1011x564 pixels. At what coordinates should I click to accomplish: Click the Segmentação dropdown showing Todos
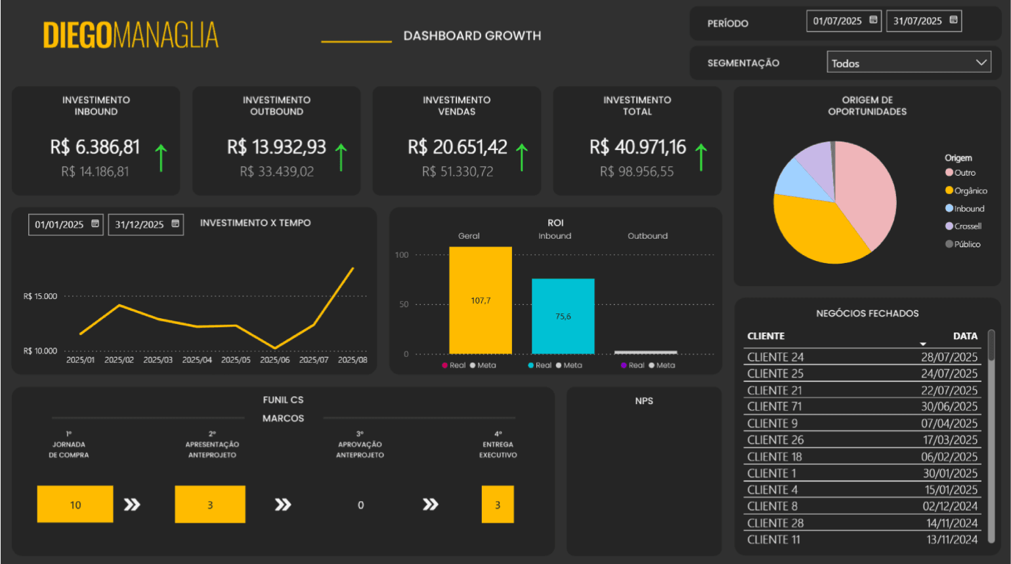pos(909,63)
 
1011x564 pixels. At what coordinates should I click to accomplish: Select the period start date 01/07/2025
pos(838,21)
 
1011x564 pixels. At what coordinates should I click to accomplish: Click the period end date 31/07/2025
pos(918,21)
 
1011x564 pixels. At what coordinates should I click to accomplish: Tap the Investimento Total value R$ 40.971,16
pos(637,147)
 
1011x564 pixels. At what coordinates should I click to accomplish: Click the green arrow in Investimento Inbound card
pos(161,158)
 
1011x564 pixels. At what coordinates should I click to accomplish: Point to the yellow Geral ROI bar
pos(481,300)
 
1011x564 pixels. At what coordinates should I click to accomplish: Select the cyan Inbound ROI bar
pos(563,316)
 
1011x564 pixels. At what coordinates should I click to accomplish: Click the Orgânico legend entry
pos(970,191)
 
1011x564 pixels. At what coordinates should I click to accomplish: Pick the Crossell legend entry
pos(967,226)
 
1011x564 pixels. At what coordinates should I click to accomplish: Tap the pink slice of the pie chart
pos(867,190)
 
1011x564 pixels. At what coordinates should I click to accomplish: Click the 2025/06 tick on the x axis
pos(274,360)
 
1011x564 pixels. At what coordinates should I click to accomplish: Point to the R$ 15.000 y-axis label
pos(40,296)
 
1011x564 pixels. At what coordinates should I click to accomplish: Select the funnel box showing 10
pos(75,504)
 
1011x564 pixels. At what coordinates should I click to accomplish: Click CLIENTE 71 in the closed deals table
pos(774,407)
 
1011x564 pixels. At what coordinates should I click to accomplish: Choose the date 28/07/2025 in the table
pos(949,357)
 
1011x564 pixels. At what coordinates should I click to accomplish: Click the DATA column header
pos(964,336)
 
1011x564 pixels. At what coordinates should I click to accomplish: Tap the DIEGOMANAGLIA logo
pos(131,35)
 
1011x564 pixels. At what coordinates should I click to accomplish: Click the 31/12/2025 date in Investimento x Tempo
pos(140,225)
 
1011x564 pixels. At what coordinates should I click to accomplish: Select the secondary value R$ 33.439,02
pos(276,172)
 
